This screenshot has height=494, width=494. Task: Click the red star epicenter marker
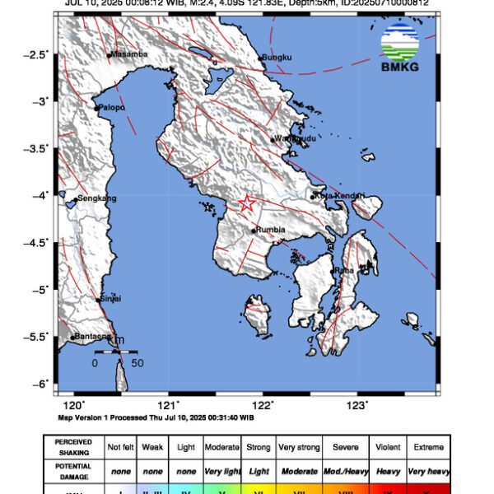247,203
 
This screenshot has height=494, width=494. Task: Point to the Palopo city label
112,107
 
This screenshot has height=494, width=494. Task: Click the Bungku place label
277,58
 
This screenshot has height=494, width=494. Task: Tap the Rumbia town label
270,231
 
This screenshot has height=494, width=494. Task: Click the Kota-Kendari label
339,196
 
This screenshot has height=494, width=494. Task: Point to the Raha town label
346,270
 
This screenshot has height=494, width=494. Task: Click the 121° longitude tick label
169,404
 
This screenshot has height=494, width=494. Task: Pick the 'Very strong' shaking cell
299,447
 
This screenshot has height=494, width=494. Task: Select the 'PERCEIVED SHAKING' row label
73,447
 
